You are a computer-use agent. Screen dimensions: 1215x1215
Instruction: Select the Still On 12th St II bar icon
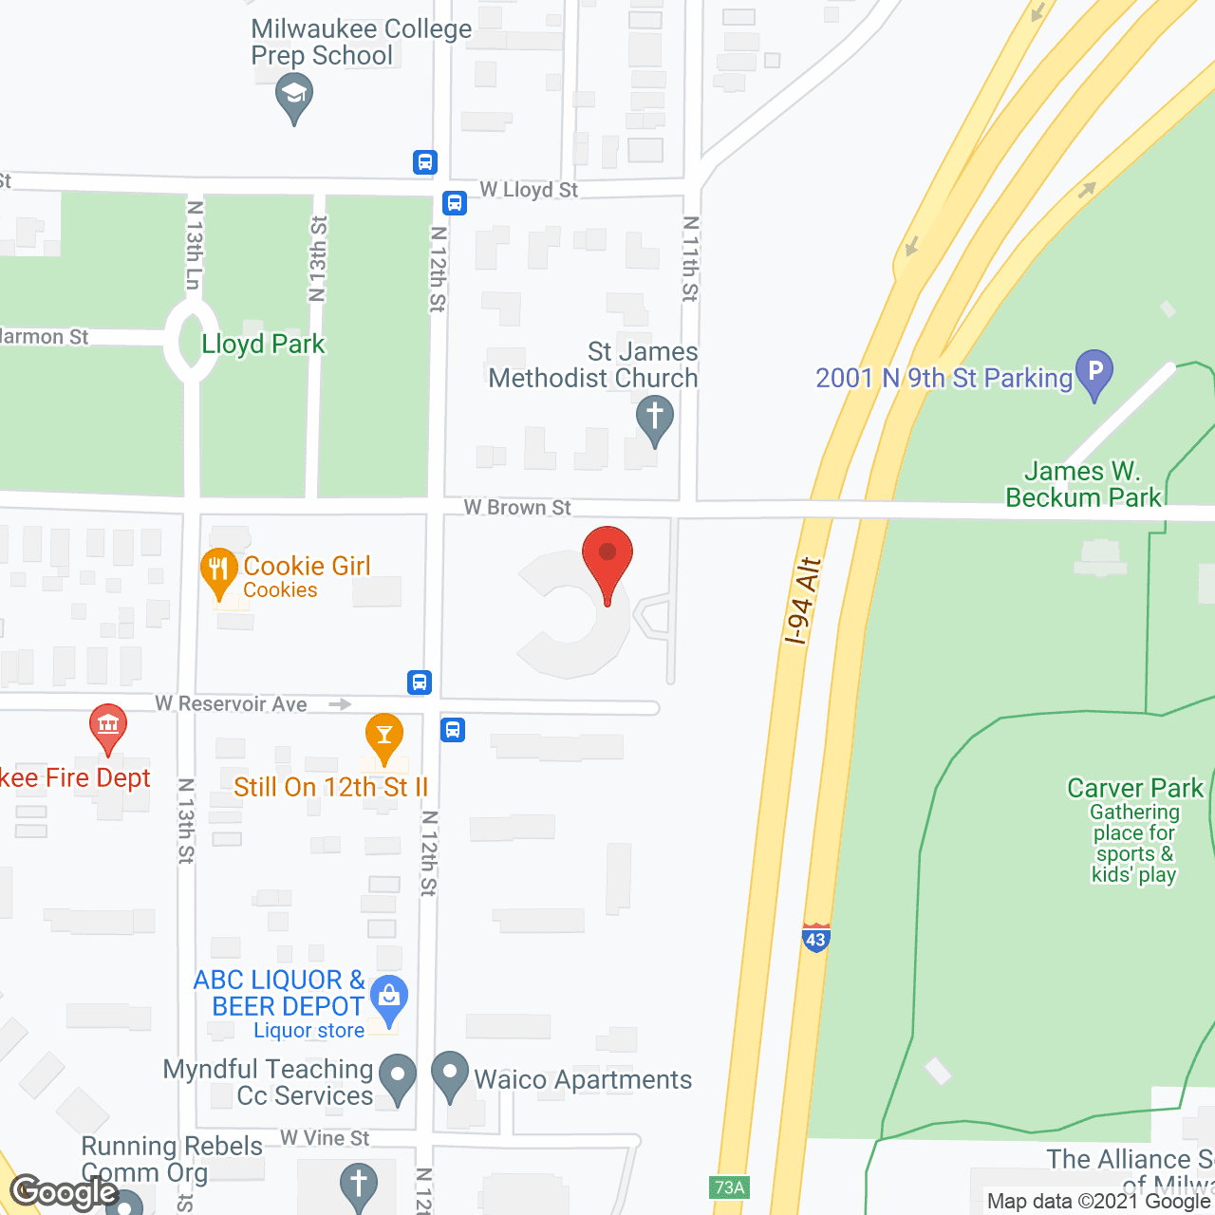tap(384, 738)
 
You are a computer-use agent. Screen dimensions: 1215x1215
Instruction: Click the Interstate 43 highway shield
tap(815, 938)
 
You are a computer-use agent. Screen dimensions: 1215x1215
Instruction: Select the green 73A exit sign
tap(729, 1187)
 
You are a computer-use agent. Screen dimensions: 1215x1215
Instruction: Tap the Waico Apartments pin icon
tap(450, 1076)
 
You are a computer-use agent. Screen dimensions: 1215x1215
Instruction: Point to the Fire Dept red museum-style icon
tap(108, 727)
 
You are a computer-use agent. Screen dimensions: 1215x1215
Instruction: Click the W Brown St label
tap(517, 508)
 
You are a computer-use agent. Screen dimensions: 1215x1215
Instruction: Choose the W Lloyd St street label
tap(529, 190)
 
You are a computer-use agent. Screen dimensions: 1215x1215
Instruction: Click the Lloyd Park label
tap(263, 344)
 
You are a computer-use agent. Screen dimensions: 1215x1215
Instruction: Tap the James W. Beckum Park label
tap(1083, 484)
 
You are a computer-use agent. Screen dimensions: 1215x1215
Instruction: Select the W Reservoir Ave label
tap(231, 703)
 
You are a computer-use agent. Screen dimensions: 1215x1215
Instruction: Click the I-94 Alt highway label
tap(803, 602)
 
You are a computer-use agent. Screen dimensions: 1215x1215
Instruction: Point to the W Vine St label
tap(325, 1137)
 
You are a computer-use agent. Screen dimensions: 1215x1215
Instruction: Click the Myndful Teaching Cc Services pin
tap(397, 1077)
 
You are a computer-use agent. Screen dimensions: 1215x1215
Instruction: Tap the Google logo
tap(64, 1191)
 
